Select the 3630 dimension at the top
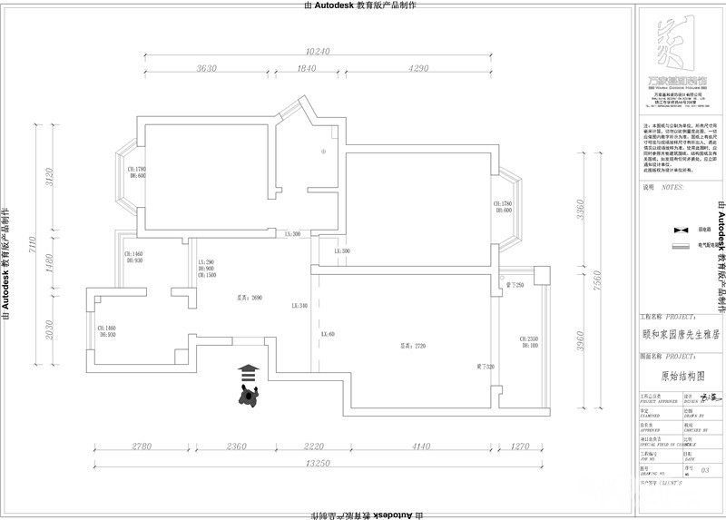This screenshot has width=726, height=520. point(207,69)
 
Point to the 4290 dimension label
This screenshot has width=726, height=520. point(418,69)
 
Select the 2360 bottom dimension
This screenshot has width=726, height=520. point(237,446)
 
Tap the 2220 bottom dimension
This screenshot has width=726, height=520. point(313,446)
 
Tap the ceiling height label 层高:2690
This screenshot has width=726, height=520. point(250,297)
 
